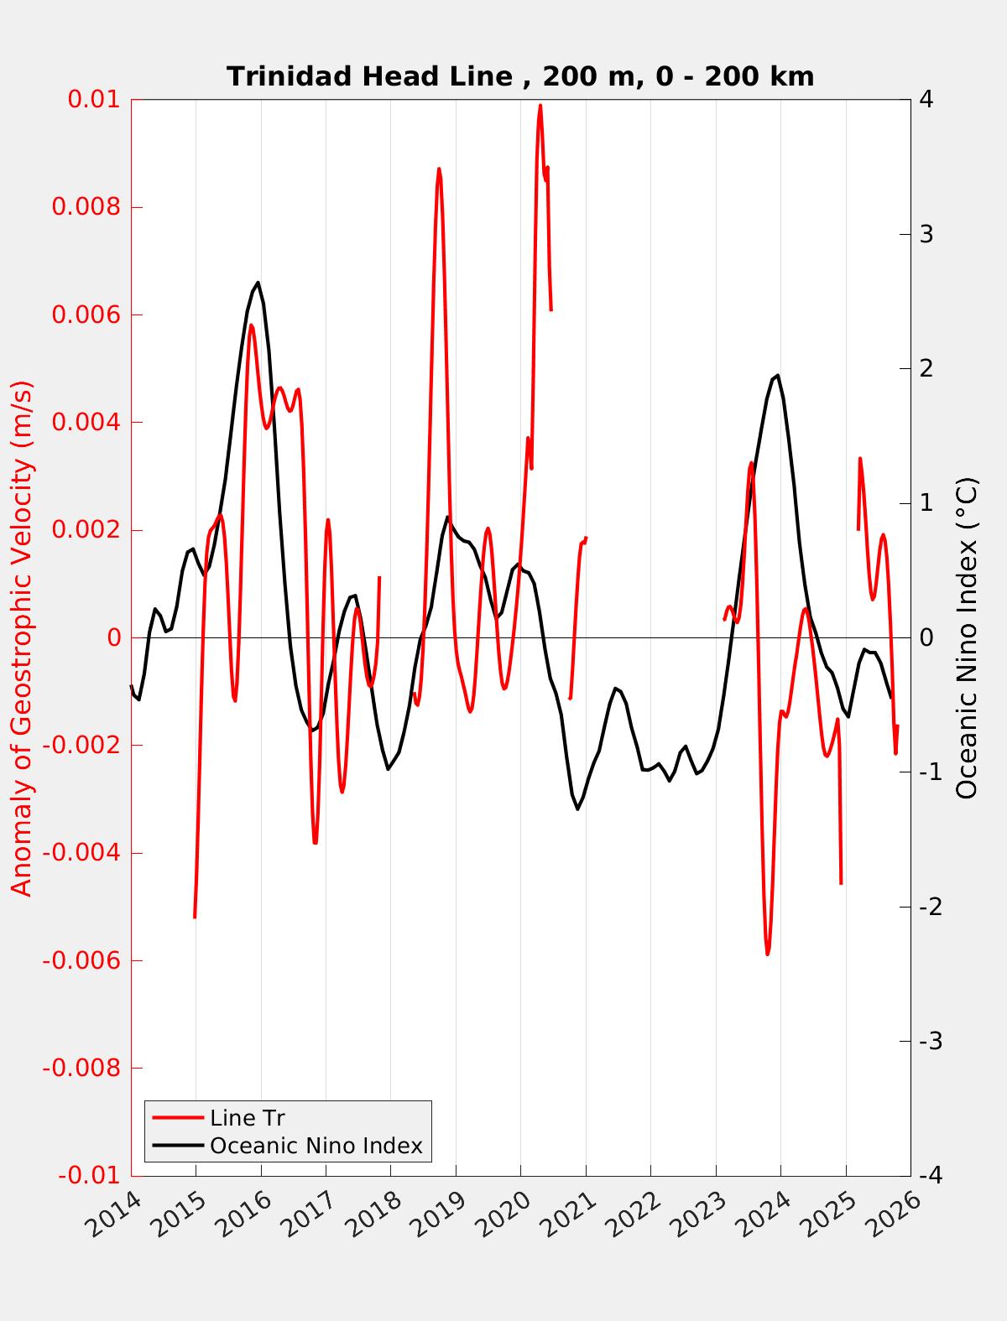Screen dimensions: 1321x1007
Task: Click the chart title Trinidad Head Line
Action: click(520, 76)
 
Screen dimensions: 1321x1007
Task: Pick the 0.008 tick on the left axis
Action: click(86, 207)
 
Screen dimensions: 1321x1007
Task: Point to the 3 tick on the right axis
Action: click(926, 234)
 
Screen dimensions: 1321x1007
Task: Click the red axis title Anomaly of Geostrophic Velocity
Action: click(23, 637)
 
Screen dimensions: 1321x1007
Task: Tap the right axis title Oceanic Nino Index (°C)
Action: click(968, 637)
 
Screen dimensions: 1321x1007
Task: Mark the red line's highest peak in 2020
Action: click(540, 106)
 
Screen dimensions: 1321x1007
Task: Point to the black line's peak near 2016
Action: click(258, 283)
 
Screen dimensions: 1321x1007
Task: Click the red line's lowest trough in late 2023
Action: click(767, 954)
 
